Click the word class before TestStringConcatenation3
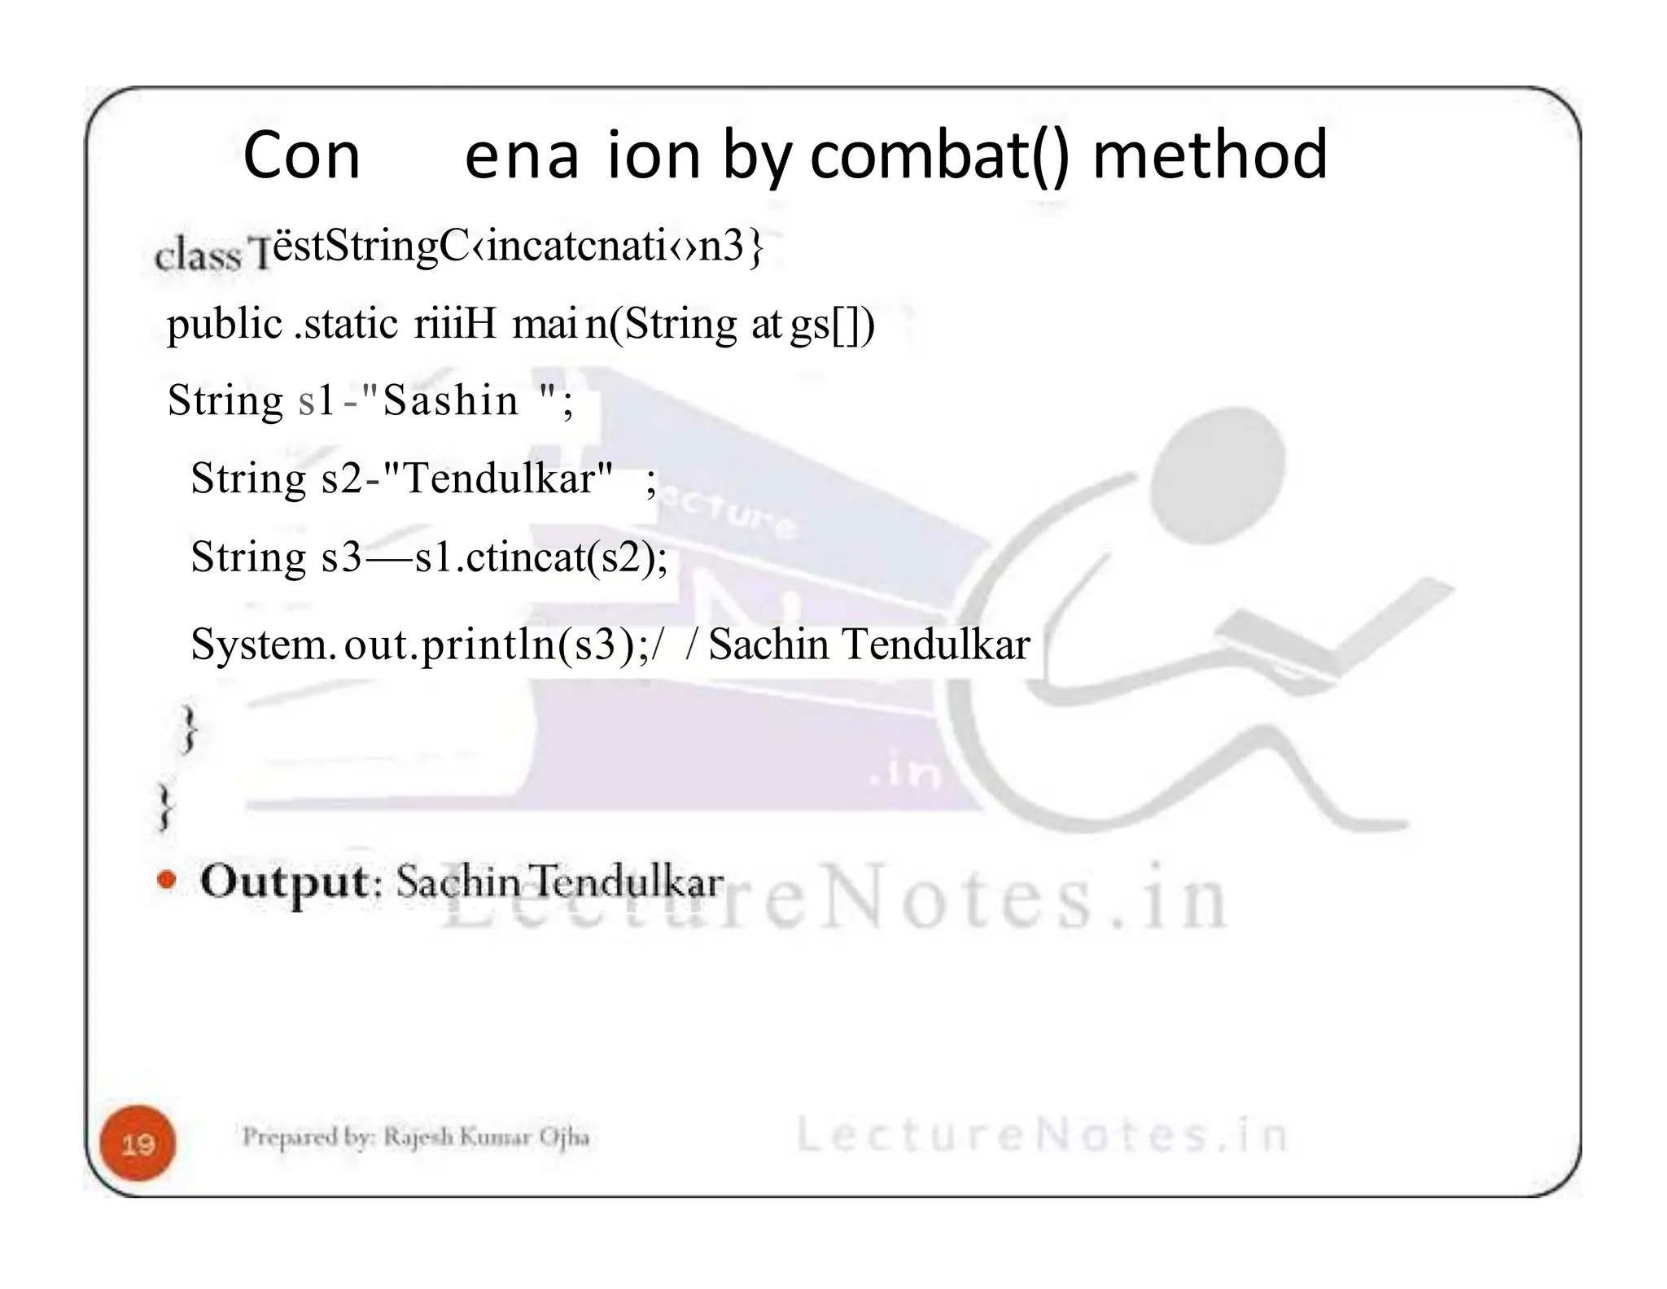click(x=198, y=256)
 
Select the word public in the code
click(x=225, y=325)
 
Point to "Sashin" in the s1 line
click(x=450, y=400)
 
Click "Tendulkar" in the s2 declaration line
click(x=508, y=478)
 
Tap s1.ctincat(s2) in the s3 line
click(x=541, y=558)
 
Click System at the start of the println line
click(x=262, y=644)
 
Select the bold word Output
click(x=285, y=881)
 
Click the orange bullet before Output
click(x=167, y=880)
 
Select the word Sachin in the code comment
click(x=769, y=644)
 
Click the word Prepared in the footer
click(x=282, y=1136)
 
